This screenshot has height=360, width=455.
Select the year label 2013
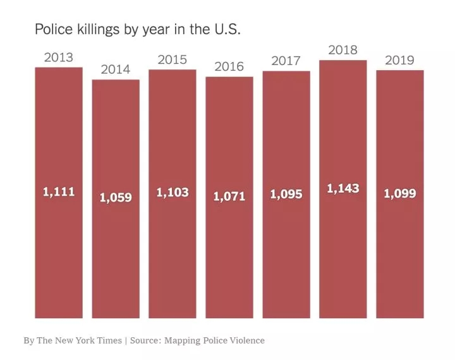tap(58, 58)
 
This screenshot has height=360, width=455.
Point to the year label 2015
tap(172, 60)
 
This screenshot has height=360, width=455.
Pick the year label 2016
tap(229, 67)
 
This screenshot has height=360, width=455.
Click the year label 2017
tap(286, 61)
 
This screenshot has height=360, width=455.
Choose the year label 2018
tap(343, 50)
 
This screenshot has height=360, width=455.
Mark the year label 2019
tap(399, 60)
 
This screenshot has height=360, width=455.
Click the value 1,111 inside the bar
tap(59, 192)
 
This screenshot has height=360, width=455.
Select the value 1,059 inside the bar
tap(116, 198)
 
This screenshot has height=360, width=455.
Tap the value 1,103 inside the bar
tap(173, 193)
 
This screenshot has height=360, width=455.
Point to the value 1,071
tap(229, 196)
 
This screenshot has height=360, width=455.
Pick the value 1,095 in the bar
tap(286, 194)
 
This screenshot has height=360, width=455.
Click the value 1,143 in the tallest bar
tap(343, 188)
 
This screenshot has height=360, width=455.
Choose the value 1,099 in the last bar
tap(400, 193)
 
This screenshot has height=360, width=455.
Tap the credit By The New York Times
tap(72, 340)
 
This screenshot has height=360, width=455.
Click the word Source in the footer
tap(145, 340)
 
